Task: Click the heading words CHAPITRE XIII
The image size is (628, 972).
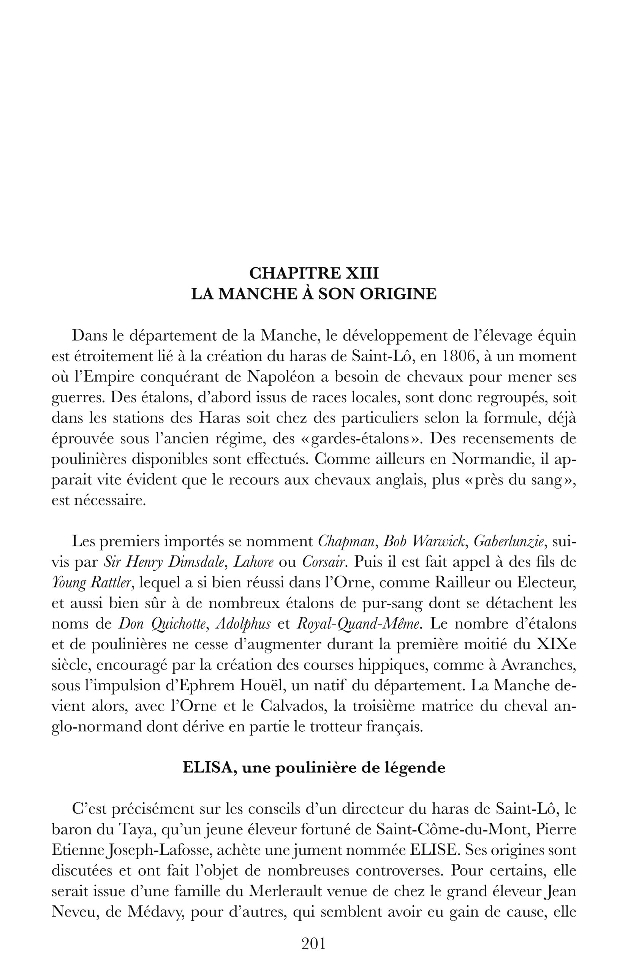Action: point(313,273)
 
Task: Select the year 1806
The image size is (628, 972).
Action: point(457,356)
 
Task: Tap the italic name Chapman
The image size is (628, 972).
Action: point(346,542)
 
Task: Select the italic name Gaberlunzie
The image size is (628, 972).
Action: point(509,542)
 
